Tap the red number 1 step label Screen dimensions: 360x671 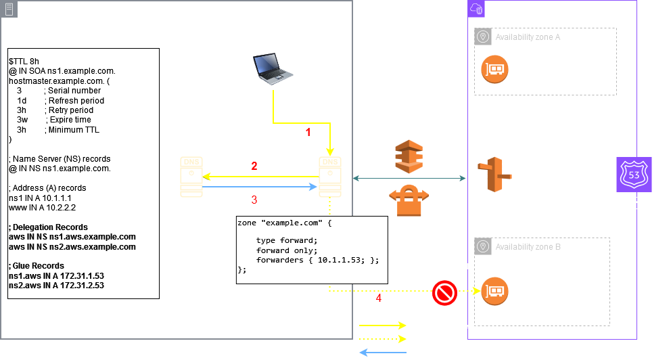coord(308,133)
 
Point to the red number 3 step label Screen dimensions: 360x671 coord(254,200)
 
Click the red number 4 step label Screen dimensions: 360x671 coord(378,298)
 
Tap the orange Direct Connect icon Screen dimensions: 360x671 coord(409,158)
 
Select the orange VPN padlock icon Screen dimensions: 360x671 coord(409,201)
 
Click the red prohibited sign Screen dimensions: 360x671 coord(445,292)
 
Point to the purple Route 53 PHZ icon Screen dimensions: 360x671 coord(634,175)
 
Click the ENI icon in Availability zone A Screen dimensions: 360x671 coord(495,68)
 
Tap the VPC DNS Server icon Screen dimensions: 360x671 coord(489,177)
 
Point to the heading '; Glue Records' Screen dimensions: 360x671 coord(36,266)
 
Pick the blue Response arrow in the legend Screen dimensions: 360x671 coord(383,353)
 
